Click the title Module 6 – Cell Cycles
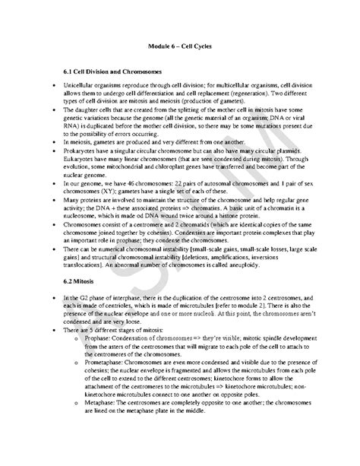click(179, 46)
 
